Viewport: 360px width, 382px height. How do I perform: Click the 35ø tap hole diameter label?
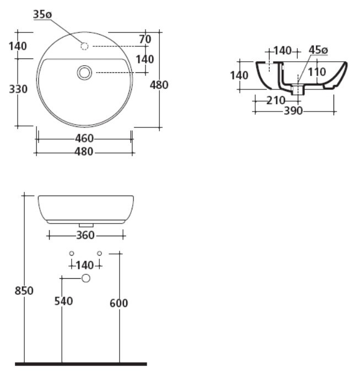(x=42, y=14)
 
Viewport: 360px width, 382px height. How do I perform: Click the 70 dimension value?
(x=145, y=39)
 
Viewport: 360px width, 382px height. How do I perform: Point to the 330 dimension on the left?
(x=18, y=89)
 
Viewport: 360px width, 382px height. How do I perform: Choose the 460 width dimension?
(x=84, y=139)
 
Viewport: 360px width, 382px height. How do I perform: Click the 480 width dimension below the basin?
(x=84, y=152)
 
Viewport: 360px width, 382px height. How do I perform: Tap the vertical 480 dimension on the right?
(x=159, y=85)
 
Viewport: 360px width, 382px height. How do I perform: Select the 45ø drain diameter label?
(x=318, y=50)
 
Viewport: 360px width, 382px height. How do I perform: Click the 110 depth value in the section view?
(x=316, y=72)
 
